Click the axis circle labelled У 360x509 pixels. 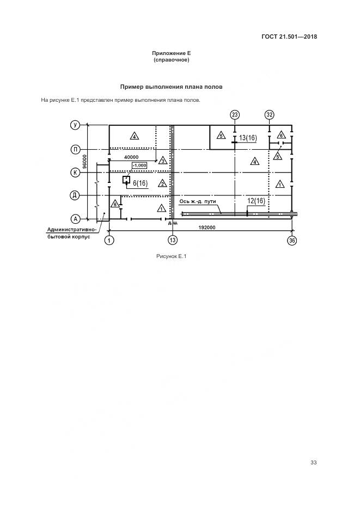(76, 125)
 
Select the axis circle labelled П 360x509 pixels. (76, 149)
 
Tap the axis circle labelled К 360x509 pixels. (76, 172)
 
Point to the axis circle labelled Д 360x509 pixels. (76, 195)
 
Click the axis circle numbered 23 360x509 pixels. (235, 114)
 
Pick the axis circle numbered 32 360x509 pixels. (270, 114)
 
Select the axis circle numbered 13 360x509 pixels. (173, 240)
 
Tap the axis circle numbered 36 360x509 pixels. (292, 240)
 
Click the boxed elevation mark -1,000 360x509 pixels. (139, 165)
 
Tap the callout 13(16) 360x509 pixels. (247, 138)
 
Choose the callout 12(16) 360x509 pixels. (256, 201)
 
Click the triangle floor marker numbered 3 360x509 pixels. (162, 161)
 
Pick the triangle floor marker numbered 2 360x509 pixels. (162, 183)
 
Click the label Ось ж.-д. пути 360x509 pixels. (198, 201)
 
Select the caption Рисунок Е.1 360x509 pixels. (171, 257)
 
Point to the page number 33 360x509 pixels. (313, 463)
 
